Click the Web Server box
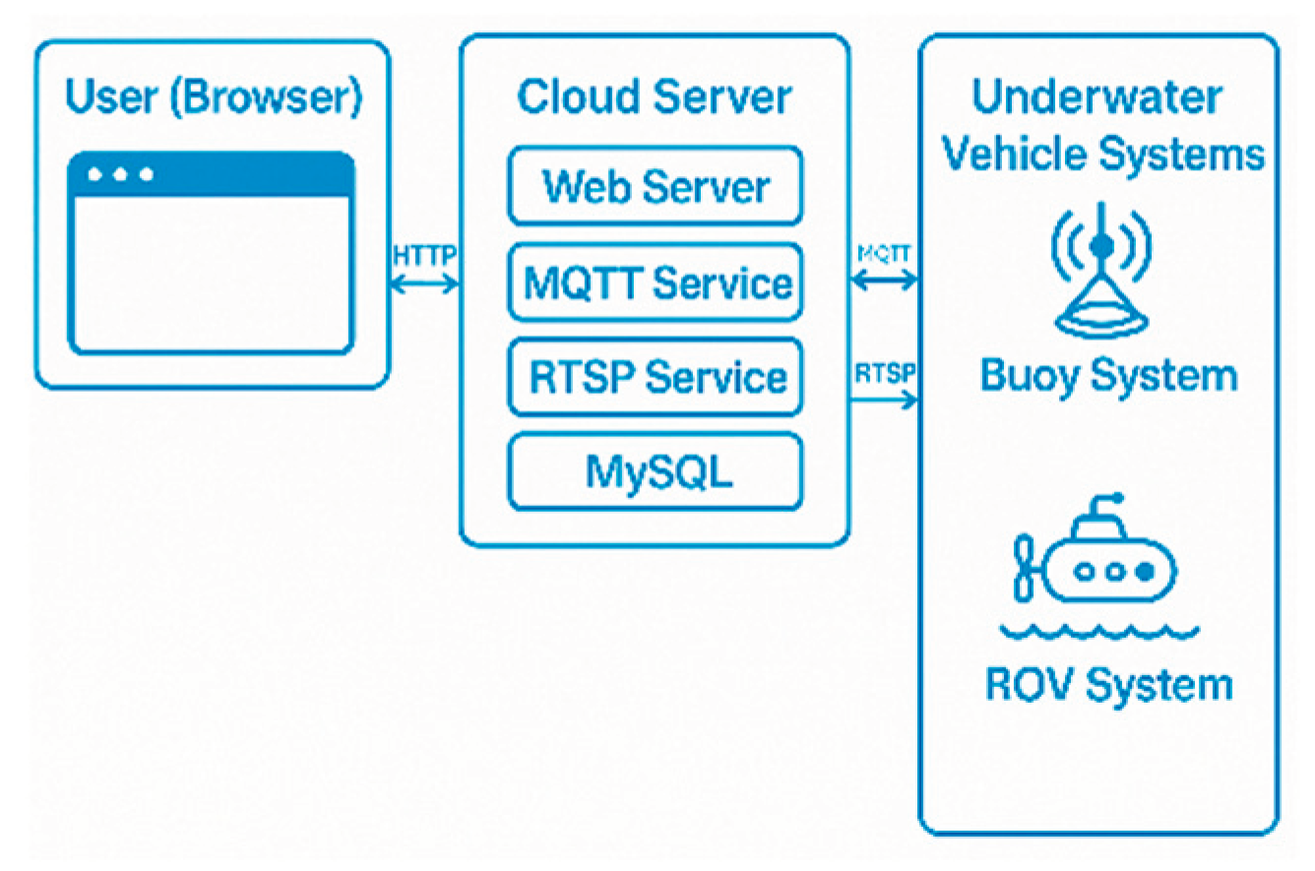(x=656, y=186)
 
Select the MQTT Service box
(x=656, y=282)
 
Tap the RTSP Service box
(x=656, y=377)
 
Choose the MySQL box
(x=656, y=471)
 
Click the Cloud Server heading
(x=654, y=96)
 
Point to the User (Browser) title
(x=214, y=96)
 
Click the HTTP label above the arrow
(x=424, y=256)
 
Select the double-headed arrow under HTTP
(x=424, y=284)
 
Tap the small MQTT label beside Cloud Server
(x=884, y=254)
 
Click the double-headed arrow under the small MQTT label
(x=884, y=280)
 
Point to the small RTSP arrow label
(x=885, y=373)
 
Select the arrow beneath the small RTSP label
(x=884, y=400)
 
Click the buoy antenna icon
(x=1101, y=271)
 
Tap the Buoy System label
(x=1108, y=376)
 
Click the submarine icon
(x=1096, y=549)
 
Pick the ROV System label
(x=1108, y=684)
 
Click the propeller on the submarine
(x=1024, y=567)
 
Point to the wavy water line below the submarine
(x=1099, y=632)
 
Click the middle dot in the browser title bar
(x=120, y=174)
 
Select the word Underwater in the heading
(x=1097, y=96)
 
